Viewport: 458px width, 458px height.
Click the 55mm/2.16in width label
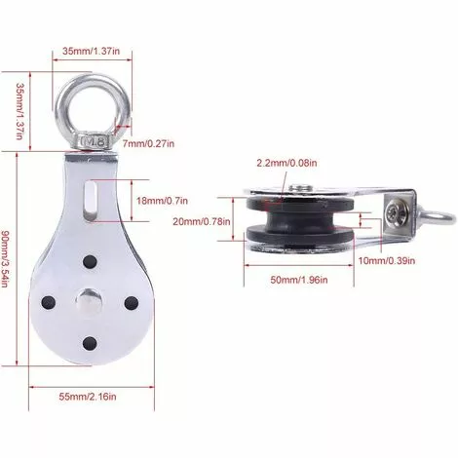coord(88,397)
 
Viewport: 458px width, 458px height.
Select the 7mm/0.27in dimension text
coord(148,143)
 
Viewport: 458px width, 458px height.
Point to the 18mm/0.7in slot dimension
coord(162,201)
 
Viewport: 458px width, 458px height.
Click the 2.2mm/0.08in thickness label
coord(286,163)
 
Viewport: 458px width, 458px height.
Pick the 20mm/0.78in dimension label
coord(202,222)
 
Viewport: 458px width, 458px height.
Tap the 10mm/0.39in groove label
coord(387,260)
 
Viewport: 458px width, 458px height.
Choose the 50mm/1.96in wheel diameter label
coord(299,280)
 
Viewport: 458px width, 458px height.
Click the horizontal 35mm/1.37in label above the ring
coord(92,51)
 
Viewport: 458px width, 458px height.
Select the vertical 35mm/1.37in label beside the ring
coord(20,111)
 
